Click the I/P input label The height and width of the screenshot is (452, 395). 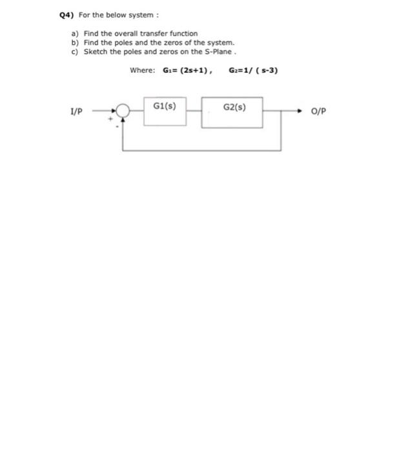(x=76, y=111)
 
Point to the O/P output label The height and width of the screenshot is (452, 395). (x=319, y=111)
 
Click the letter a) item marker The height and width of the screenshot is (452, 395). (x=76, y=33)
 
